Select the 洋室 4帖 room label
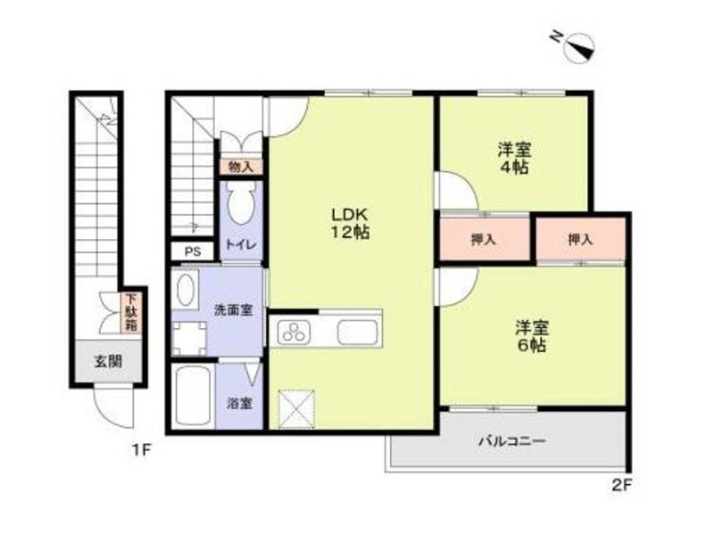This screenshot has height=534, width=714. (x=516, y=158)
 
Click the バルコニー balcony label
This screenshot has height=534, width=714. (x=511, y=440)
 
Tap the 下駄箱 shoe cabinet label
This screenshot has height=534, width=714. (x=131, y=312)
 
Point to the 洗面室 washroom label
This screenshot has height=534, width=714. (x=233, y=310)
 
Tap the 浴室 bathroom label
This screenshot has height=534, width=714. (x=239, y=403)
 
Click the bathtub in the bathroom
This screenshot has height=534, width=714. (x=192, y=396)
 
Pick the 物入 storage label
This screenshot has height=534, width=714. (x=240, y=167)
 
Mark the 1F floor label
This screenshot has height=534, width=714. (x=141, y=450)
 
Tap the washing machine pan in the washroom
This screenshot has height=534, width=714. (x=190, y=338)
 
